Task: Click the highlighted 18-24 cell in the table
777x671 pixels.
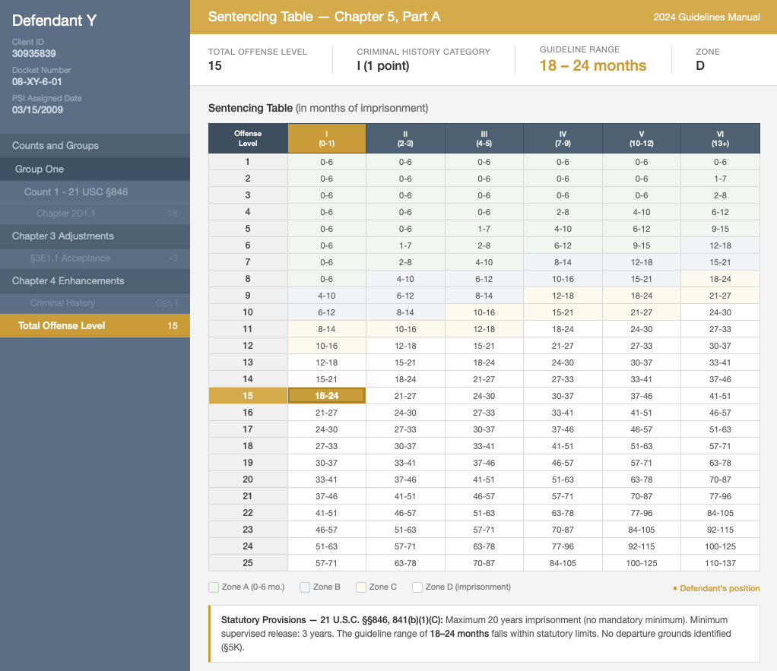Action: tap(327, 395)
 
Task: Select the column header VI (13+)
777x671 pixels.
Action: tap(720, 138)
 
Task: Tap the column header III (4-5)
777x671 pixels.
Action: tap(484, 138)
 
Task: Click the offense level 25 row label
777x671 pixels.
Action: tap(248, 562)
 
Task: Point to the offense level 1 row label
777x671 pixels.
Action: tap(248, 161)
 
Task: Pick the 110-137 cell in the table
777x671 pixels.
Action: tap(720, 562)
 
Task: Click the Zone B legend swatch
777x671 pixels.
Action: tap(305, 587)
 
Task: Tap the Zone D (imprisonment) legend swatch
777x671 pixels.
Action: tap(417, 587)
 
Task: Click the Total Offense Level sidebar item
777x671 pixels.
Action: tap(94, 325)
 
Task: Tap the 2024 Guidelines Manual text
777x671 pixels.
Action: tap(706, 17)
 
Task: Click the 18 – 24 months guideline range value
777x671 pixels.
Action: tap(593, 65)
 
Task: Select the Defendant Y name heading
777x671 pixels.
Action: tap(54, 21)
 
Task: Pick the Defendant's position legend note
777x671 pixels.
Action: tap(716, 588)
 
